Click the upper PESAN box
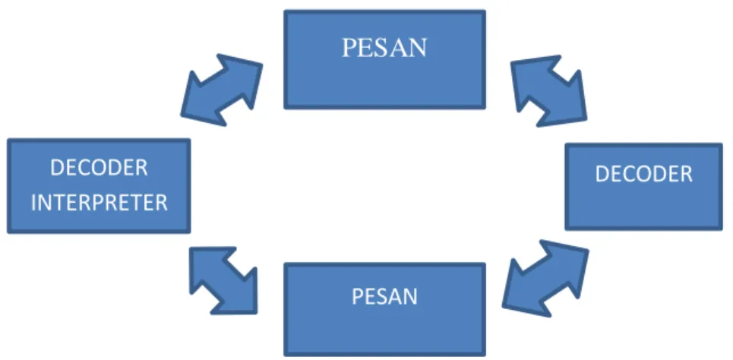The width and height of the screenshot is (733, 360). tap(385, 59)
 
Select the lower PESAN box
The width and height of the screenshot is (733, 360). tap(385, 310)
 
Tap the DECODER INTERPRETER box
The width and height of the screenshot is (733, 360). tap(99, 185)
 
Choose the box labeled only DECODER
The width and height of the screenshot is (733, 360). tap(643, 187)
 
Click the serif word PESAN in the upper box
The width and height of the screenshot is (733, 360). tap(384, 48)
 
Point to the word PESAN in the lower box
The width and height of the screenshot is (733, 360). tap(384, 296)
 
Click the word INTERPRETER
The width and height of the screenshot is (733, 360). tap(99, 203)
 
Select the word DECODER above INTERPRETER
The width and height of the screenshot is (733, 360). tap(99, 167)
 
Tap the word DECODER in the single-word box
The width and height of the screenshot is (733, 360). tap(643, 174)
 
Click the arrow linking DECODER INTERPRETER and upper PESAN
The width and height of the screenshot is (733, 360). tap(222, 90)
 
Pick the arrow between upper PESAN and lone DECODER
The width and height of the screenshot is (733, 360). tap(548, 90)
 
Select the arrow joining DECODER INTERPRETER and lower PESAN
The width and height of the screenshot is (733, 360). tap(223, 280)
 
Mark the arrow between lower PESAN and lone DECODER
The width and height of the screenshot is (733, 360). tap(545, 278)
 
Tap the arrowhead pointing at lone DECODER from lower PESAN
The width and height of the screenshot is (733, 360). tap(568, 260)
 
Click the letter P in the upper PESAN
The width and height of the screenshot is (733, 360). tap(349, 48)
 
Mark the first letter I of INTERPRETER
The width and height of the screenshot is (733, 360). tap(34, 203)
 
